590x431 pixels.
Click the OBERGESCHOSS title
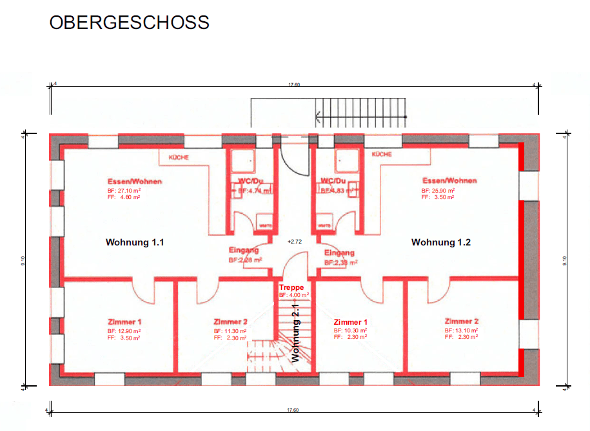[129, 23]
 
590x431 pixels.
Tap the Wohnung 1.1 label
[135, 243]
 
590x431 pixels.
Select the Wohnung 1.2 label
[441, 243]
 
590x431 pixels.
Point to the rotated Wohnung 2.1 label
[296, 334]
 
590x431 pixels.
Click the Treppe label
[291, 287]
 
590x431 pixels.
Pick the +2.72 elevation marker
[294, 241]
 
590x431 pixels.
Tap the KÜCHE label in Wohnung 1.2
[382, 155]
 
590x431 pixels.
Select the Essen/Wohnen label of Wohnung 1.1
[135, 182]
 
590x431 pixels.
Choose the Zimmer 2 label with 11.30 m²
[230, 321]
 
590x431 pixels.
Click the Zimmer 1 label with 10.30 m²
[350, 321]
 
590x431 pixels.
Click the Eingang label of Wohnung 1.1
[244, 250]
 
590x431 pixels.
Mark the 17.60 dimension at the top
[294, 84]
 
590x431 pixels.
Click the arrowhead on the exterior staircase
[319, 117]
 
